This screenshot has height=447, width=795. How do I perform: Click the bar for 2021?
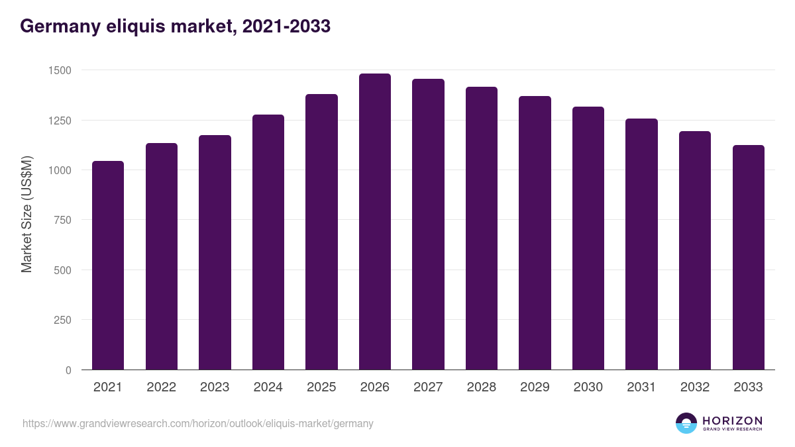pos(108,265)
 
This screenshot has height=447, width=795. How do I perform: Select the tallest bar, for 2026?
pos(375,222)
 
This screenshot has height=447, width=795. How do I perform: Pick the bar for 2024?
pos(268,242)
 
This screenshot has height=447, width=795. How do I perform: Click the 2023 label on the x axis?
pos(215,387)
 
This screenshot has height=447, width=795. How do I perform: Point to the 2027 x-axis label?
pos(428,387)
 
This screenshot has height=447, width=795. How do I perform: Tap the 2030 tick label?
pos(588,387)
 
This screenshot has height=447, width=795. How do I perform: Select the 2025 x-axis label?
pos(321,387)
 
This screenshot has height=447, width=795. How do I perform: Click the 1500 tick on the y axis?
pos(59,70)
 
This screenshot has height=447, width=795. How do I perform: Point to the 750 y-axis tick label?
pos(62,220)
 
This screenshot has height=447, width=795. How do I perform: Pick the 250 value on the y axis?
pos(62,320)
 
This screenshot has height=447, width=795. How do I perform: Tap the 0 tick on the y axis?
pos(68,370)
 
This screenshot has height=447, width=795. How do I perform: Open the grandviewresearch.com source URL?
pos(197,423)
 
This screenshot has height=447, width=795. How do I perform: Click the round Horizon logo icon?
pos(686,423)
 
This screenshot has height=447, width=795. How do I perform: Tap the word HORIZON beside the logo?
pos(732,420)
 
